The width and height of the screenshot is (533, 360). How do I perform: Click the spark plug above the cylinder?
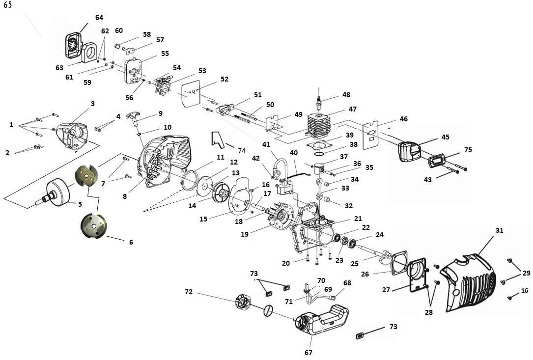click(x=320, y=101)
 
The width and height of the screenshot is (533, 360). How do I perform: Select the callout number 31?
click(x=499, y=230)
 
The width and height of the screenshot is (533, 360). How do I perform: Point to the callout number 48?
click(x=346, y=95)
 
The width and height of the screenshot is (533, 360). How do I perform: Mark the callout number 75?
click(x=468, y=150)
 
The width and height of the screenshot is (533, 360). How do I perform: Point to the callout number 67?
click(x=309, y=352)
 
